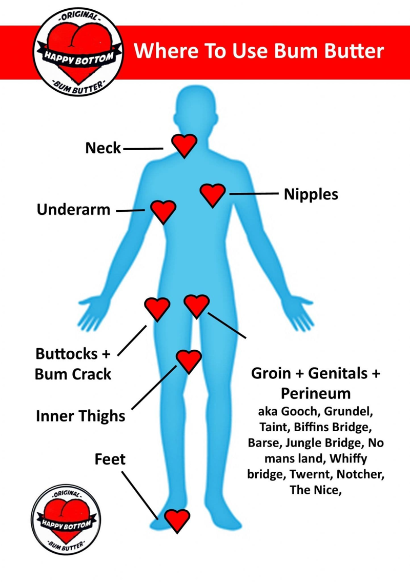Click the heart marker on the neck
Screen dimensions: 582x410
[x=184, y=145]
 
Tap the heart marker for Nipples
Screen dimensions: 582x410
[x=212, y=194]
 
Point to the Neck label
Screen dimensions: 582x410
[x=103, y=148]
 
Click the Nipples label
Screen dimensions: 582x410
[x=311, y=194]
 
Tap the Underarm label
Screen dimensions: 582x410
[x=74, y=210]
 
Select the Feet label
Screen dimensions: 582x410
[x=110, y=459]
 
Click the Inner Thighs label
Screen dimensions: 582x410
[x=80, y=415]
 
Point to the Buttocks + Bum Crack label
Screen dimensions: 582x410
[x=73, y=364]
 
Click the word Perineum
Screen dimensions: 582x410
[x=315, y=393]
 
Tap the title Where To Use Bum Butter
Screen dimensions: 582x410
[x=259, y=51]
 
